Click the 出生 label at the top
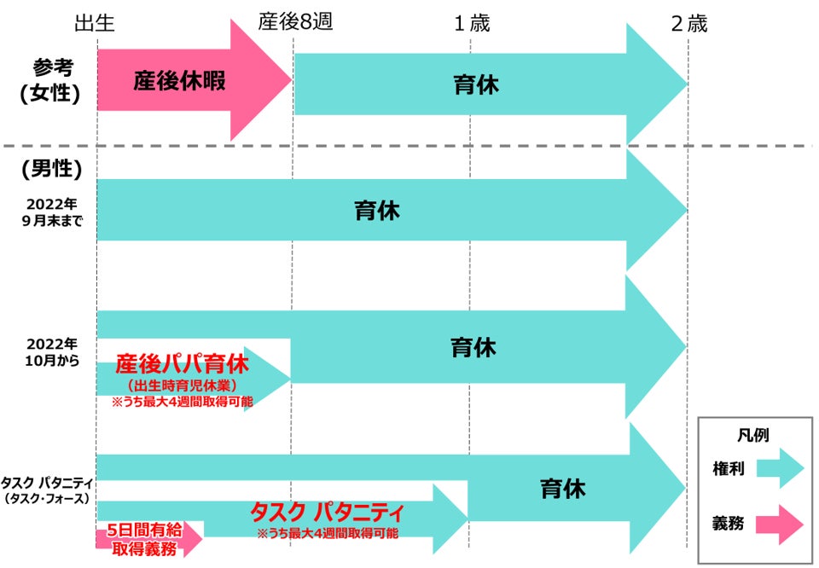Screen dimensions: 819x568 click(96, 23)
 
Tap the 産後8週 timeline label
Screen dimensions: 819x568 click(295, 23)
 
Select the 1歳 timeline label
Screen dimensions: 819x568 click(472, 23)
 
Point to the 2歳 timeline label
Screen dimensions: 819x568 click(688, 23)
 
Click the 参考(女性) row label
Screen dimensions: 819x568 click(51, 81)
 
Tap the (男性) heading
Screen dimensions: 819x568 click(51, 170)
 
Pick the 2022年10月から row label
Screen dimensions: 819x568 click(51, 351)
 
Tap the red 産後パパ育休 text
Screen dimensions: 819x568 click(183, 365)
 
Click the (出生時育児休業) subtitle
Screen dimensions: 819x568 click(182, 386)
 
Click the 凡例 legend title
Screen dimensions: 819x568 click(752, 435)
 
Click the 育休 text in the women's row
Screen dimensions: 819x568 click(476, 85)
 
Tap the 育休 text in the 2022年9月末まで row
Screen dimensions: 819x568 click(377, 211)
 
